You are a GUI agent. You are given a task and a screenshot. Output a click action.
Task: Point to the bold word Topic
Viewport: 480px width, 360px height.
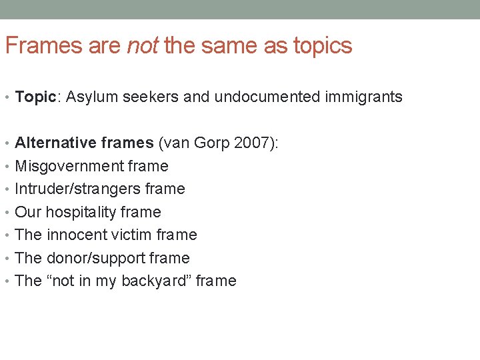[x=35, y=97]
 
